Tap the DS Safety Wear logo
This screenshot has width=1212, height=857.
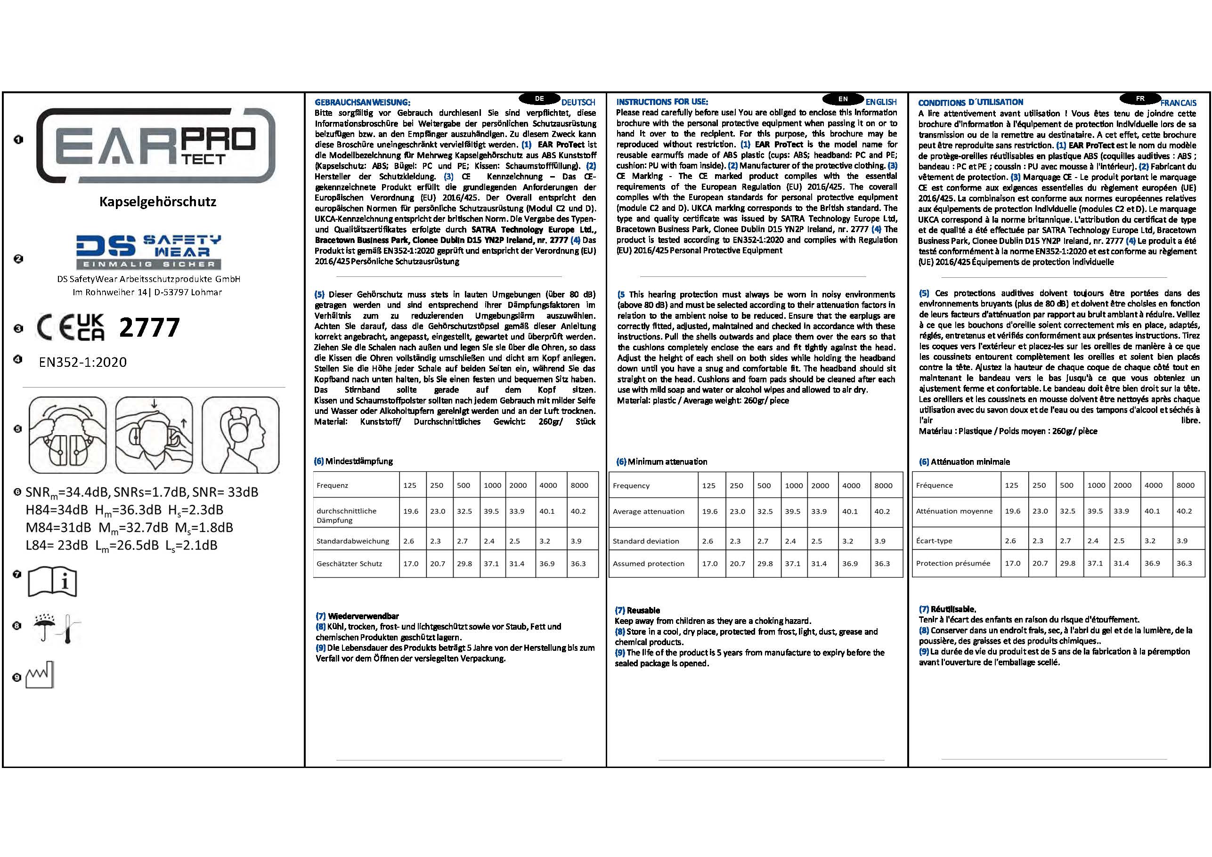tap(148, 252)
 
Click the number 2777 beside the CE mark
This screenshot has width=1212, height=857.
tap(149, 328)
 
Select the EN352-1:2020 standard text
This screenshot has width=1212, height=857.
tap(83, 362)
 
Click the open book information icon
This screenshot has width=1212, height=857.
tap(52, 582)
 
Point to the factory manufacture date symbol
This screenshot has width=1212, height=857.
tap(41, 674)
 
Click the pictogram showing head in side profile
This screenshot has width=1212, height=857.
tap(241, 435)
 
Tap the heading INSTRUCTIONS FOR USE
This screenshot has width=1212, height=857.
tap(662, 102)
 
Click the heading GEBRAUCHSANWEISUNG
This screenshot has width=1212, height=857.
tap(362, 102)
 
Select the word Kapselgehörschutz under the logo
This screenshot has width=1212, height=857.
tap(158, 202)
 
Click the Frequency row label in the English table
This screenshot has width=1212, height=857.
tap(631, 485)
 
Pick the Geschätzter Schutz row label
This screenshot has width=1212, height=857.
tap(349, 564)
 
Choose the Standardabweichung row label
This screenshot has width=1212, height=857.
tap(353, 541)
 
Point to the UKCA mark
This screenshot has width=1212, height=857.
tap(90, 327)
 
